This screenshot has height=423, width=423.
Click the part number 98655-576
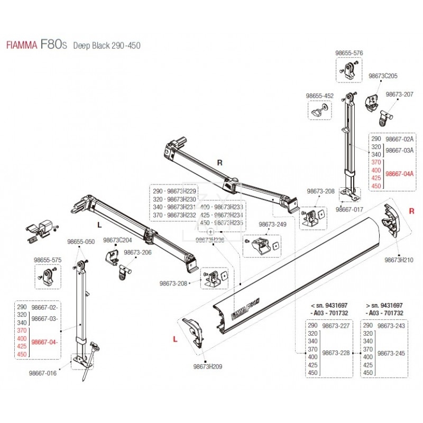(x=350, y=53)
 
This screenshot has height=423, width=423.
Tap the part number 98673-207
(x=399, y=94)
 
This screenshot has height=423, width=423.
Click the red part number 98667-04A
(x=400, y=173)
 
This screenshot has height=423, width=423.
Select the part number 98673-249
(x=273, y=225)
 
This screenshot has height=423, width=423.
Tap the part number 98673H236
(x=210, y=240)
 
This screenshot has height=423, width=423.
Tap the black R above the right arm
(x=219, y=163)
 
